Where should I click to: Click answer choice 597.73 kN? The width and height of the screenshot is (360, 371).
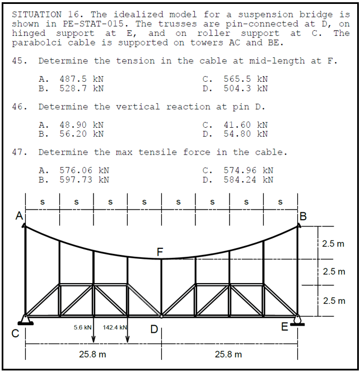[x=83, y=179]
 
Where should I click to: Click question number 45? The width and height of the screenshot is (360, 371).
[x=18, y=61]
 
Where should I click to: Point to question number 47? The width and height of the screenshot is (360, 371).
[x=18, y=152]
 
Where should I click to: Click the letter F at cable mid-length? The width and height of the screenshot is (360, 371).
[x=160, y=252]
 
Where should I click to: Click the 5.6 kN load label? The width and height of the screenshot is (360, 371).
[x=82, y=327]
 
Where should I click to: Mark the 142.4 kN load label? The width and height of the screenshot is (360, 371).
[x=116, y=327]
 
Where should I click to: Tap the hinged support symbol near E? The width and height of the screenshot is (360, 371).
[x=297, y=321]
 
